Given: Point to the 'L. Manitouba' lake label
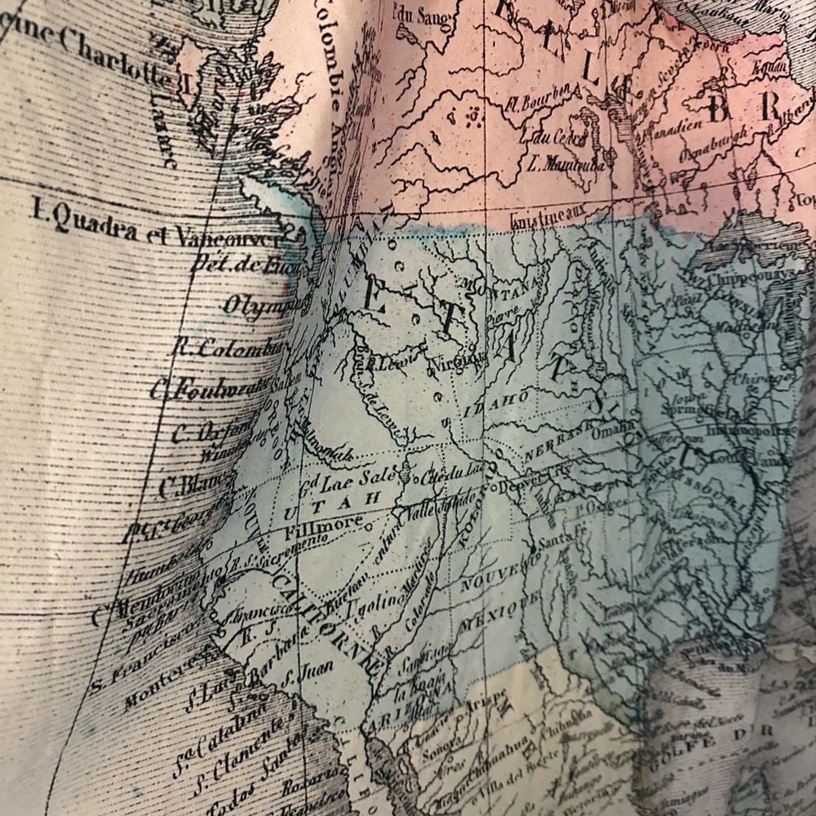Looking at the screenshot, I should (x=561, y=162).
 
